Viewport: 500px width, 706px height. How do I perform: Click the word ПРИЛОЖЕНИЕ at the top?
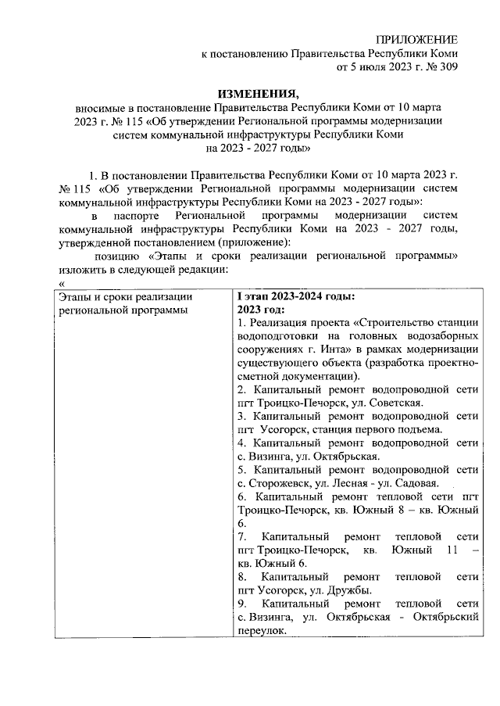pos(417,40)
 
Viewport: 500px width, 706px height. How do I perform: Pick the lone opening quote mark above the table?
pos(60,281)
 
